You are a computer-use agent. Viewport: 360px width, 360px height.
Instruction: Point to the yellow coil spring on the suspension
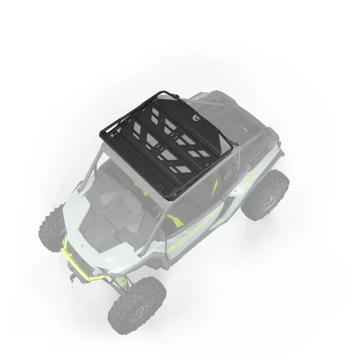122,279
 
